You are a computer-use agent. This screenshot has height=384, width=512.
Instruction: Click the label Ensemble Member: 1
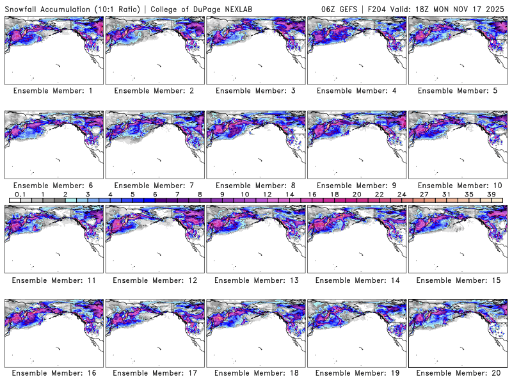pos(53,91)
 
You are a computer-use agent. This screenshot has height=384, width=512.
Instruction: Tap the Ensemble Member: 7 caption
pos(154,186)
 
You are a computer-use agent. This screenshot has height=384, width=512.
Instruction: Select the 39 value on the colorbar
pos(492,194)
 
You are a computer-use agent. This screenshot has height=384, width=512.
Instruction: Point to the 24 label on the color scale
pos(402,194)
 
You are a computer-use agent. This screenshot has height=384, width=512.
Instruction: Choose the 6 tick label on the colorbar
pos(155,194)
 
